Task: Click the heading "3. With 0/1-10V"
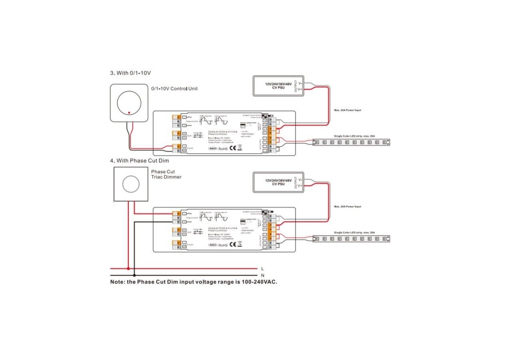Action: pyautogui.click(x=130, y=73)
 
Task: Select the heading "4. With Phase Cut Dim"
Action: pyautogui.click(x=139, y=160)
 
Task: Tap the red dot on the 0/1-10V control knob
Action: pyautogui.click(x=129, y=112)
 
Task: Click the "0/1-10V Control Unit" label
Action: pyautogui.click(x=174, y=88)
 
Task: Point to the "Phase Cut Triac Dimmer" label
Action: pyautogui.click(x=166, y=174)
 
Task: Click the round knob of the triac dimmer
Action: pyautogui.click(x=130, y=184)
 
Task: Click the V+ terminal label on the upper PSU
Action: pyautogui.click(x=300, y=90)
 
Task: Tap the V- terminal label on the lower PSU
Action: pyautogui.click(x=300, y=180)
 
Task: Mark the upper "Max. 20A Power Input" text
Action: pyautogui.click(x=347, y=110)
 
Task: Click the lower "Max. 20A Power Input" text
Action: pyautogui.click(x=347, y=206)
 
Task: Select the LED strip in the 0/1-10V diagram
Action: pyautogui.click(x=351, y=142)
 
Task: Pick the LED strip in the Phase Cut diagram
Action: pyautogui.click(x=351, y=238)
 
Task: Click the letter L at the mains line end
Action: pyautogui.click(x=262, y=269)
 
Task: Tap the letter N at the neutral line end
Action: pyautogui.click(x=262, y=276)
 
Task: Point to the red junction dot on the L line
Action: pyautogui.click(x=128, y=269)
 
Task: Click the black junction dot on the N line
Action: pyautogui.click(x=134, y=275)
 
